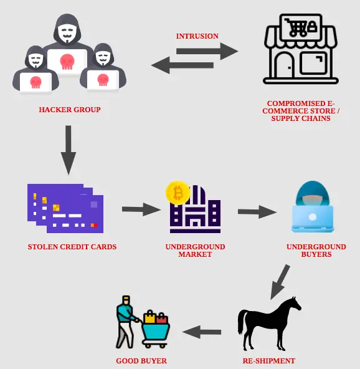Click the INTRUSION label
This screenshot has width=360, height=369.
click(197, 36)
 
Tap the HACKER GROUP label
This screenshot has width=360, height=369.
click(70, 110)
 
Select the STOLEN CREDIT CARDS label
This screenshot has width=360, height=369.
click(72, 247)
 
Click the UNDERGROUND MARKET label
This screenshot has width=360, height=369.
click(195, 251)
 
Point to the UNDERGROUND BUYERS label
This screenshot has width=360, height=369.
click(316, 251)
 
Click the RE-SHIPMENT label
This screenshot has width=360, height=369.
click(269, 361)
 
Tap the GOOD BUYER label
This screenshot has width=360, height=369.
click(141, 361)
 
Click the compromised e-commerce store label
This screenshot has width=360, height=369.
click(301, 111)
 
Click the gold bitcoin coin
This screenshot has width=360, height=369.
click(178, 193)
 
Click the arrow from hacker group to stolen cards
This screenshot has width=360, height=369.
click(69, 150)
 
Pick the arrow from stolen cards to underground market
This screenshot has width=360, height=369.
click(141, 209)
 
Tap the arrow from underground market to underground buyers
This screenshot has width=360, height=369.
click(257, 212)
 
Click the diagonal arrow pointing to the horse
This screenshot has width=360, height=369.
click(280, 282)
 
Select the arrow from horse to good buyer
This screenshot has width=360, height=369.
click(202, 332)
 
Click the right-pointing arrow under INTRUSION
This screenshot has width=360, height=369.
click(207, 51)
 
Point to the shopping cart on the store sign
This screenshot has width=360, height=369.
click(296, 27)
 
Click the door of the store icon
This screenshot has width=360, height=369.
click(285, 65)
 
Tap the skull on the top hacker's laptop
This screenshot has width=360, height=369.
click(67, 62)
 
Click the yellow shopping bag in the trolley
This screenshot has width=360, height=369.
click(149, 317)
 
